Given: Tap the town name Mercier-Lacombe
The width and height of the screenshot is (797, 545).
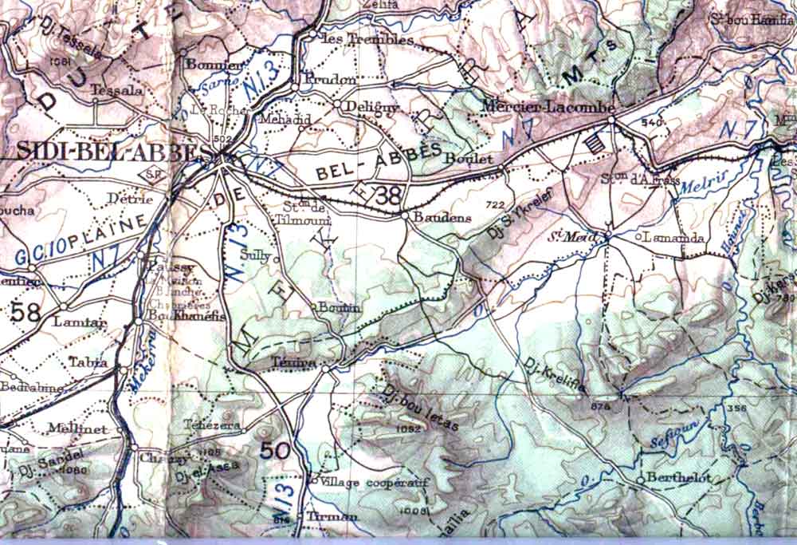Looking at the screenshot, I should pyautogui.click(x=549, y=106).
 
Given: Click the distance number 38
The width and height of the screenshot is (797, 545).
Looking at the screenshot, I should pyautogui.click(x=389, y=194).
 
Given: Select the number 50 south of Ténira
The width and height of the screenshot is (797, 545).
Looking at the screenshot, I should pyautogui.click(x=275, y=450).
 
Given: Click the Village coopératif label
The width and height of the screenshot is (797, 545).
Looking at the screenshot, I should pyautogui.click(x=363, y=483).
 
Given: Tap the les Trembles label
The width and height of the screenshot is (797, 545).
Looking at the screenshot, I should pyautogui.click(x=366, y=39).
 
